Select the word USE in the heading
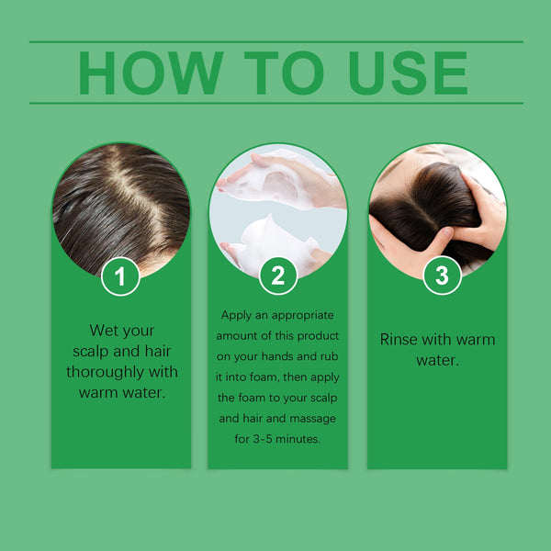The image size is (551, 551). click(x=405, y=73)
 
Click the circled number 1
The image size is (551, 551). click(x=120, y=275)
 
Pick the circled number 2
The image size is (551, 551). click(x=277, y=275)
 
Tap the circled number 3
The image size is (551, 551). click(x=442, y=275)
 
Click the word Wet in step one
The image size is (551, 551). click(x=104, y=330)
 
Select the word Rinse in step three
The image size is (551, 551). click(x=399, y=339)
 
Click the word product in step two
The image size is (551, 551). click(x=315, y=334)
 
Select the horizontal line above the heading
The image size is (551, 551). click(x=275, y=41)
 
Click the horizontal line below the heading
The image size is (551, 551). click(x=275, y=103)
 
